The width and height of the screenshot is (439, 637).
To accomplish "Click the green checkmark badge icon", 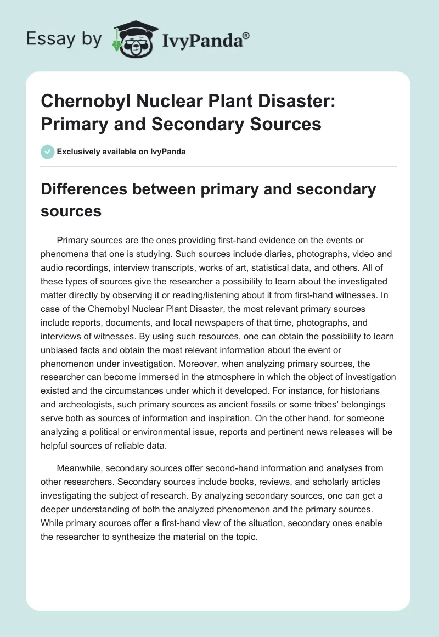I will point(48,152).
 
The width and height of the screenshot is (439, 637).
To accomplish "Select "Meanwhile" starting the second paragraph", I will point(79,468).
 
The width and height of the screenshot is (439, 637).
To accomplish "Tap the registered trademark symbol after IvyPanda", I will point(246,36).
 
